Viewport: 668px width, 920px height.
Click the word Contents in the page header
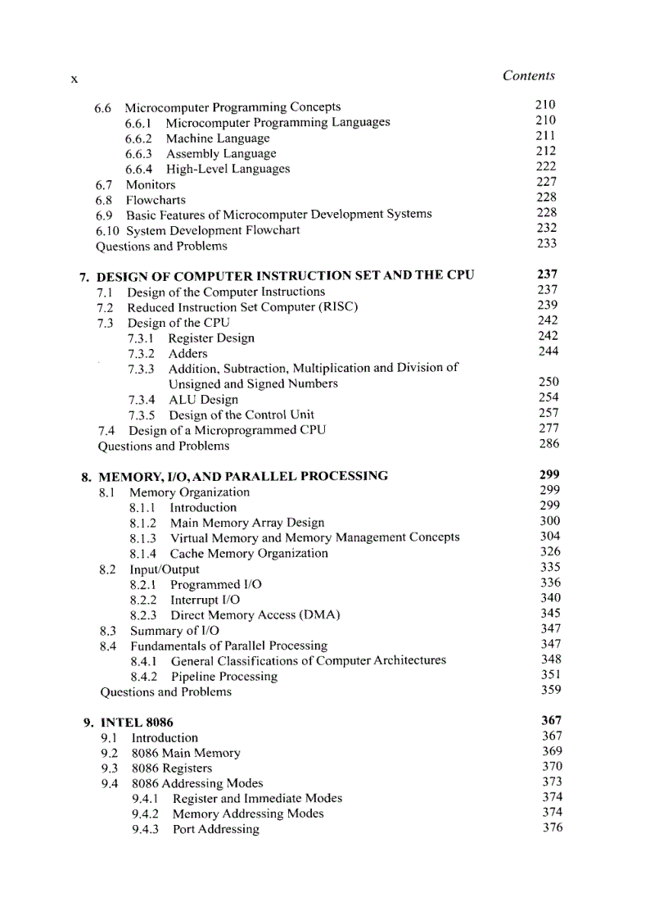coord(528,75)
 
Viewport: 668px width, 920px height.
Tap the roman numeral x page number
coord(74,79)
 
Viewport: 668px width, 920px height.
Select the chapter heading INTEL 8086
coord(136,723)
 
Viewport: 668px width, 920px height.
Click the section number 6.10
coord(108,230)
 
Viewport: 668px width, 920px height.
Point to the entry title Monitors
coord(150,184)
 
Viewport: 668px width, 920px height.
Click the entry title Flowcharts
coord(155,200)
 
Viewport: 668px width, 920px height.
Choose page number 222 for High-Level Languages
coord(546,166)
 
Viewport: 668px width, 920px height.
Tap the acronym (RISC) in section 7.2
coord(332,307)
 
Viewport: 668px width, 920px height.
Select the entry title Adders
coord(187,354)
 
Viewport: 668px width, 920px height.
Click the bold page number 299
coord(549,474)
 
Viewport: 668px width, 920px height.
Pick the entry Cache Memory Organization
coord(248,553)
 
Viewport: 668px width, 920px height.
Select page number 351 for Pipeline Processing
coord(551,675)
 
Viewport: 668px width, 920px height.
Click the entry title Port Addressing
coord(215,829)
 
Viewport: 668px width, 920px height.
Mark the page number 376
coord(553,827)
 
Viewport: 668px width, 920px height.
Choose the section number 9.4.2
coord(145,813)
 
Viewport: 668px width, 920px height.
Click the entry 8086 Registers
coord(171,768)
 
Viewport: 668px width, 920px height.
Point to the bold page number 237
coord(547,274)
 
